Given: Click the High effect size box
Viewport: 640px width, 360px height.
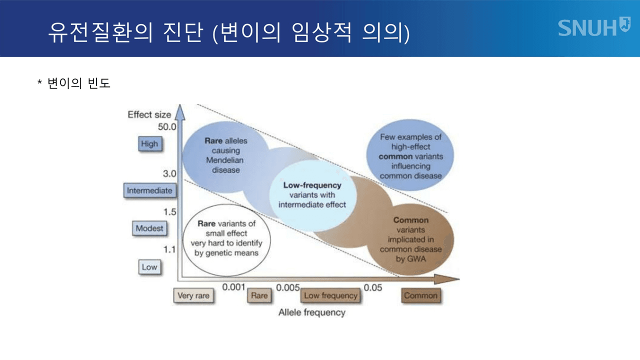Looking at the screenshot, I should [149, 144].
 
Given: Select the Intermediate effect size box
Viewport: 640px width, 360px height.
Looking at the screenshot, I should [149, 190].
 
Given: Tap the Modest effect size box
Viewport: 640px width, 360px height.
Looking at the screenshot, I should [149, 228].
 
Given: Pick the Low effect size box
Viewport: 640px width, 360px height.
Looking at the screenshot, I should [149, 267].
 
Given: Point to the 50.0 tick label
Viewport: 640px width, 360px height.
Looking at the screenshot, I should [167, 127].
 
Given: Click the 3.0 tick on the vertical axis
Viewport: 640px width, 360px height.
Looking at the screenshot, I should [170, 174].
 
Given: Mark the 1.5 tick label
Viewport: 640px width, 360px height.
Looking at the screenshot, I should [170, 212].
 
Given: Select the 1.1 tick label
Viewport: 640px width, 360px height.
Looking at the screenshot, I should [170, 249].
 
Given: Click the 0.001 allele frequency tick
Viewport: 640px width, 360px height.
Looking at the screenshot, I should [233, 287].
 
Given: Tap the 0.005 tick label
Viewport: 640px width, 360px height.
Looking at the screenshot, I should [287, 287].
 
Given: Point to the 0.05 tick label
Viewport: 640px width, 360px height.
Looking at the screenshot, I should [373, 287].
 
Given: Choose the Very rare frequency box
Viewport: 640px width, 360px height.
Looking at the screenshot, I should [193, 296].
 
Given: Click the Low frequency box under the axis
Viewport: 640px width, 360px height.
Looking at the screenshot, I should [331, 296].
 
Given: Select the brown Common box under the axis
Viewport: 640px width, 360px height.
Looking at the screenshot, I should [420, 296].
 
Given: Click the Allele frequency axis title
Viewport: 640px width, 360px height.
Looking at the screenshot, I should [311, 312].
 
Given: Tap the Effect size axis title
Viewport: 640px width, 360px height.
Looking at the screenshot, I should [149, 114].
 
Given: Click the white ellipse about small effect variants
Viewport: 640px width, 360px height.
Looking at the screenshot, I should [226, 238].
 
